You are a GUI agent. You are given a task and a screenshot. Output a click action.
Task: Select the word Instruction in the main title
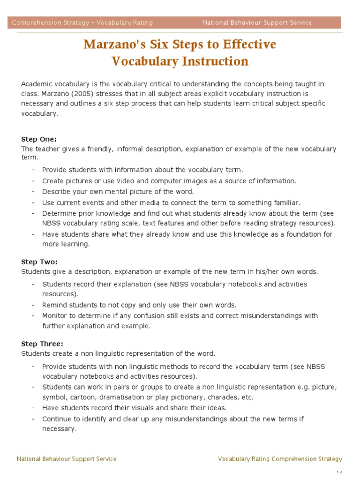coord(207,61)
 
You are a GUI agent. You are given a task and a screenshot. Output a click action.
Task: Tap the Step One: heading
coord(39,139)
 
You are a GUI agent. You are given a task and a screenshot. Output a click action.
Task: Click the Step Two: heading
coord(39,262)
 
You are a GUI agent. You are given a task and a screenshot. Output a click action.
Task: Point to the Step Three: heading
coord(42,344)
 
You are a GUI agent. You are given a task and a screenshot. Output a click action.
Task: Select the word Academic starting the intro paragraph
coord(37,84)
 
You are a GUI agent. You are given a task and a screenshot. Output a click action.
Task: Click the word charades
coord(224,397)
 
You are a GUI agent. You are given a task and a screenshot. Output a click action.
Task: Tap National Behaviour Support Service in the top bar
coord(257,22)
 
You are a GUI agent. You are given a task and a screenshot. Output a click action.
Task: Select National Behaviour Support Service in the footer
coord(67,459)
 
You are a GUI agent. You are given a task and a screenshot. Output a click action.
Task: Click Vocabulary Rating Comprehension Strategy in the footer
coord(280,459)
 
